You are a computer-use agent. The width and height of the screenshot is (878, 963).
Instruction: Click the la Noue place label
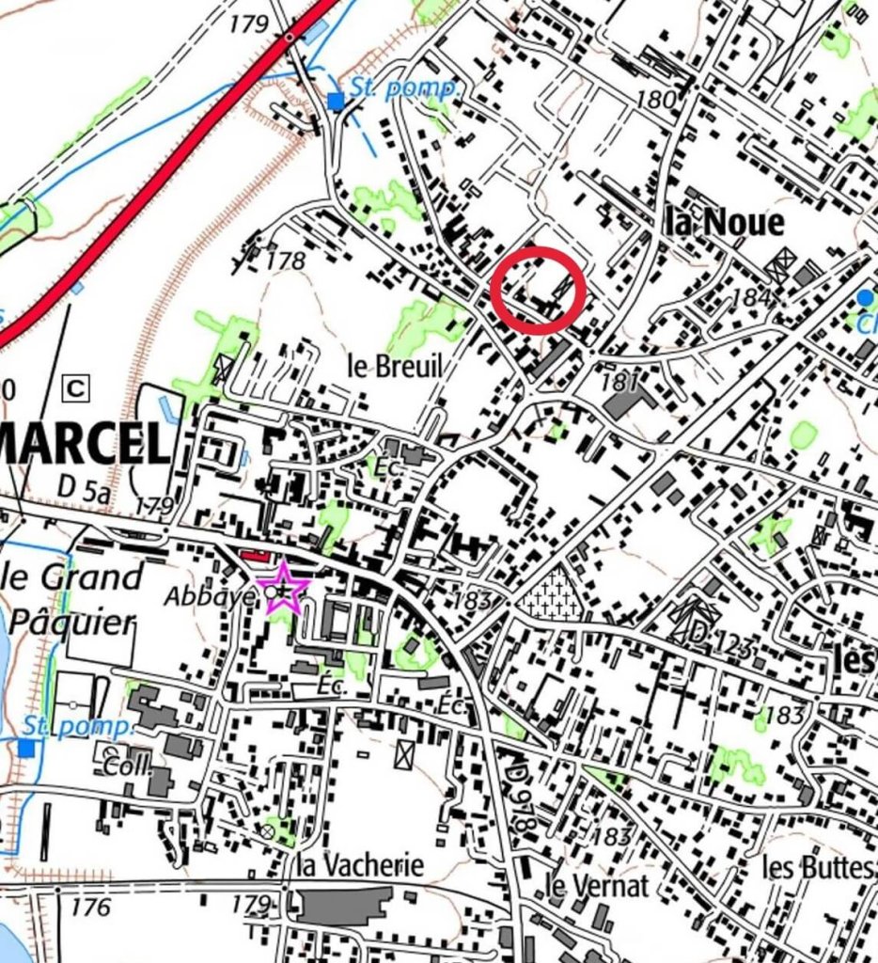click(x=723, y=223)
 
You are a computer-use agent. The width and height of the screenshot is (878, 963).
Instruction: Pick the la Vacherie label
click(x=360, y=864)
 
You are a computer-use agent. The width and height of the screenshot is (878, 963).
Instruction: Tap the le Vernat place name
click(x=597, y=885)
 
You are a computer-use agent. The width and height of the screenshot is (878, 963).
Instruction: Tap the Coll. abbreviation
click(x=127, y=764)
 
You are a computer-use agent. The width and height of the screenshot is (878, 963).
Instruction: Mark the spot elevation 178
click(x=286, y=260)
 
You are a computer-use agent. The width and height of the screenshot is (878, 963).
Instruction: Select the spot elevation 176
click(x=90, y=908)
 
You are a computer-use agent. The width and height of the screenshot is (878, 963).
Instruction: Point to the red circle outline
click(x=539, y=290)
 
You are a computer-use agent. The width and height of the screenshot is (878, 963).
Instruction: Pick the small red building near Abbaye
click(x=254, y=556)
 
